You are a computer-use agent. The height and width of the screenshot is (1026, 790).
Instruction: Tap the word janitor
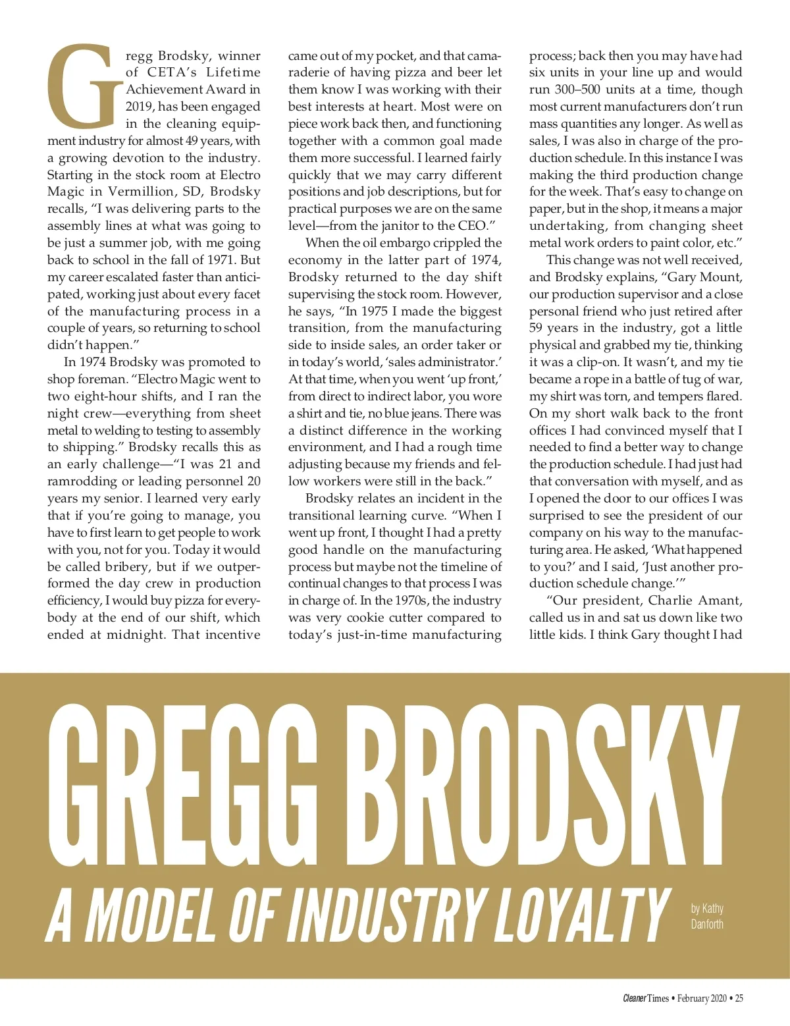click(398, 226)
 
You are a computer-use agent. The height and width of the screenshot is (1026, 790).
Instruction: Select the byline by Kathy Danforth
click(707, 916)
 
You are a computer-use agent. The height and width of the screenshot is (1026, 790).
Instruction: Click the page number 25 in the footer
click(739, 998)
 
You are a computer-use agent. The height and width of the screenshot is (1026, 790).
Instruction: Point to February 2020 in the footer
click(702, 998)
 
